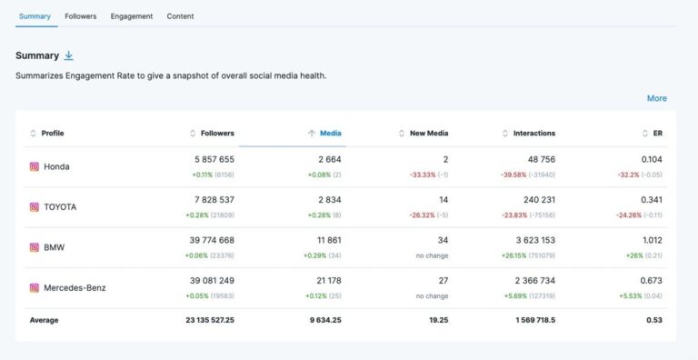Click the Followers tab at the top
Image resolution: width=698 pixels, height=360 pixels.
(80, 16)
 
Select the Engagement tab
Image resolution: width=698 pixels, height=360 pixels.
(132, 16)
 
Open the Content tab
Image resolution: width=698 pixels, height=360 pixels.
(180, 16)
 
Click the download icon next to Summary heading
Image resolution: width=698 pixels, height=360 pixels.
(69, 55)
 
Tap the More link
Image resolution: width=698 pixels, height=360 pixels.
(656, 98)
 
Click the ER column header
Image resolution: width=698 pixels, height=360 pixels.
(657, 134)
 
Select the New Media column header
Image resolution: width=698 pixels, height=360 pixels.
(429, 134)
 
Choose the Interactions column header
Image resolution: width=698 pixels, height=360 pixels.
(533, 134)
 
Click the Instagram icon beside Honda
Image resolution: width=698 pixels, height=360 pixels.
(35, 166)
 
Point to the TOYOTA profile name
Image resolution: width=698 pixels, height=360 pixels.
(60, 207)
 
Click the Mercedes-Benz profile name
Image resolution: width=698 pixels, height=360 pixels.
(75, 288)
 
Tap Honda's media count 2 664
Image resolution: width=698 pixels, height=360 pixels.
(324, 159)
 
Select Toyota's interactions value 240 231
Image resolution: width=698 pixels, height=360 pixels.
(534, 200)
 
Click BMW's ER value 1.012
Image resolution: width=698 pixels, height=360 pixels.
(650, 240)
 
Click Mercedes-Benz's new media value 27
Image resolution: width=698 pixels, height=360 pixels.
(443, 281)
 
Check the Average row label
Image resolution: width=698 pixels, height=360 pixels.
(44, 321)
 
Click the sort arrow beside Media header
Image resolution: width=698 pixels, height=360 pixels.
(312, 134)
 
